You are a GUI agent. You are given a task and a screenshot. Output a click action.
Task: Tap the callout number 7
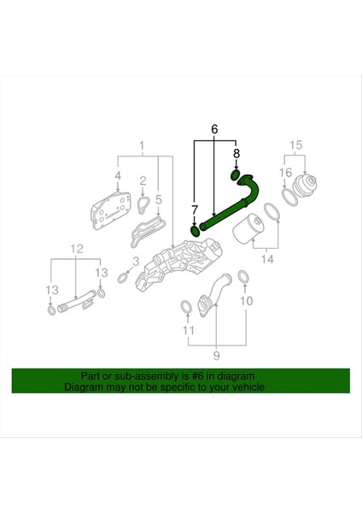pyautogui.click(x=194, y=209)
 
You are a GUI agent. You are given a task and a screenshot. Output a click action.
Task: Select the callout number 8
pyautogui.click(x=236, y=154)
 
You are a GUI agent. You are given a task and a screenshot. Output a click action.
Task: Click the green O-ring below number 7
pyautogui.click(x=195, y=230)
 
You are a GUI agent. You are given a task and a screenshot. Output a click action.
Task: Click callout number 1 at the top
pyautogui.click(x=142, y=144)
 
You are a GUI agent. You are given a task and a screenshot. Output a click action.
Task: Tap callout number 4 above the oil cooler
pyautogui.click(x=118, y=177)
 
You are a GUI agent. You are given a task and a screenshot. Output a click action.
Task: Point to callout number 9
pyautogui.click(x=215, y=354)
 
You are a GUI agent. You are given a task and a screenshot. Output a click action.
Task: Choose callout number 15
pyautogui.click(x=297, y=144)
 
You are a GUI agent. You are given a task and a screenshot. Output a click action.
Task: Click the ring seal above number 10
pyautogui.click(x=242, y=276)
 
